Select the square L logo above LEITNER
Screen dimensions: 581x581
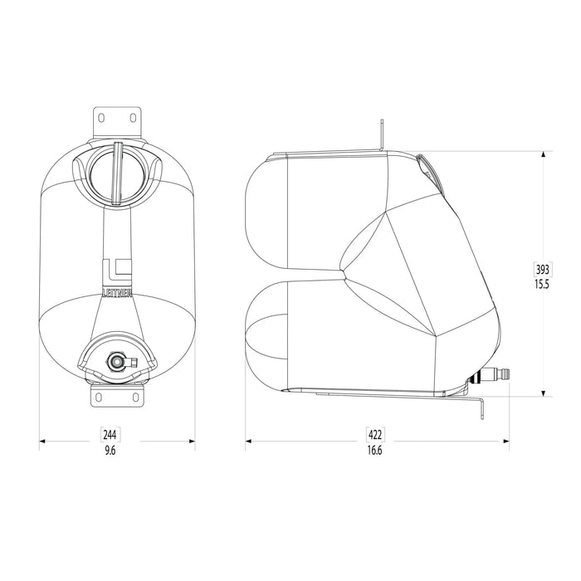[117, 270]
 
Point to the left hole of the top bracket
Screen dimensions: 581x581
[100, 118]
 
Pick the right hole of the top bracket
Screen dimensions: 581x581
[134, 118]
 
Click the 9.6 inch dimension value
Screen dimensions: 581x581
[110, 450]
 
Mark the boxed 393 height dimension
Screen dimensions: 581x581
[542, 270]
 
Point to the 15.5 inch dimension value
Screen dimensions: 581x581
[542, 284]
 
